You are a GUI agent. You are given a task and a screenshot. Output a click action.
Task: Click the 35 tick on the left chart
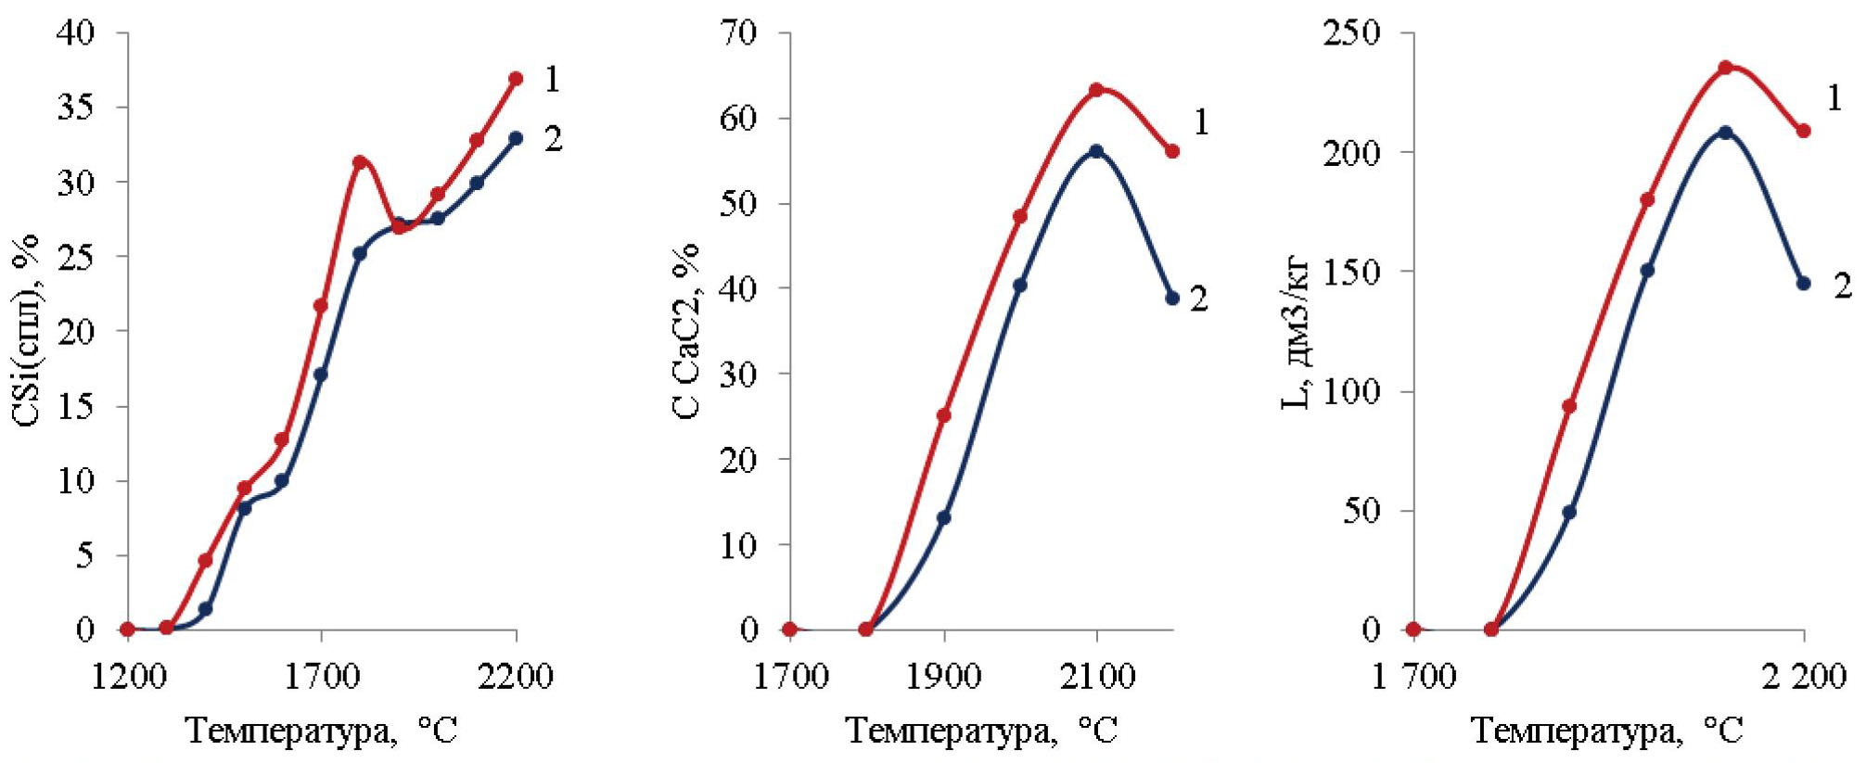75,108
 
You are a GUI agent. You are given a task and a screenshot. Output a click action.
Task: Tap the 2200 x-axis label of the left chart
516,677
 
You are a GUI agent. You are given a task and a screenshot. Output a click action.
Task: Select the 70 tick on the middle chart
738,33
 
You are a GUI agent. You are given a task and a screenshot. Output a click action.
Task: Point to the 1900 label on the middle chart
943,677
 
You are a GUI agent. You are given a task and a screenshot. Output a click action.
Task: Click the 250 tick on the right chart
1351,33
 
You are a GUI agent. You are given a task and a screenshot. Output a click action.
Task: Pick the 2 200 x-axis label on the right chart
1804,677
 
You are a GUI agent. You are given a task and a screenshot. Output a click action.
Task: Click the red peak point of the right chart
1726,68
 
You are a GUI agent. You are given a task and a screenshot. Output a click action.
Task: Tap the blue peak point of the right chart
1725,133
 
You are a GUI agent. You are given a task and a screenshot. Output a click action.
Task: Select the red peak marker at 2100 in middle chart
1096,90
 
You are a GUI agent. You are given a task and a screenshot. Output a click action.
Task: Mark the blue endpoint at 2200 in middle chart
1172,298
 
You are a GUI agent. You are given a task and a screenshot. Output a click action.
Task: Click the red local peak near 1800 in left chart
360,162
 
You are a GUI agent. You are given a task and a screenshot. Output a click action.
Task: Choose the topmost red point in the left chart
516,79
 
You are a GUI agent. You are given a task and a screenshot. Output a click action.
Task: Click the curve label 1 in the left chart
552,80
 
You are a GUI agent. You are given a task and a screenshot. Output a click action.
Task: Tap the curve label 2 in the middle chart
1199,299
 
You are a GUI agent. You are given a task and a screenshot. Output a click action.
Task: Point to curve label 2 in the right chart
1842,286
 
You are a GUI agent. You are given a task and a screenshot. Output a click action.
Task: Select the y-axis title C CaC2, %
687,331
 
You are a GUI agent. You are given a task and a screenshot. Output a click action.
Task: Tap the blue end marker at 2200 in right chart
1804,283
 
